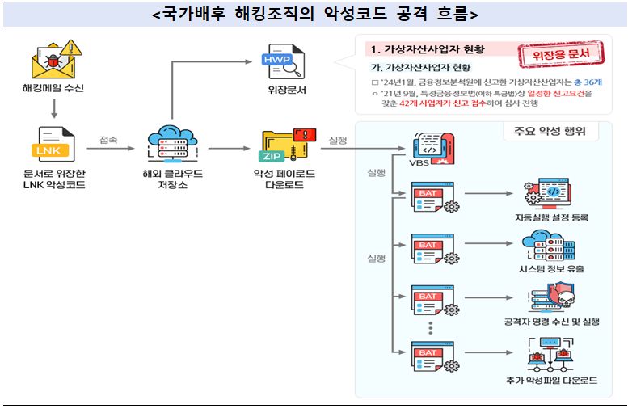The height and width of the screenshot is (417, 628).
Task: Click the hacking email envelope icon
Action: coord(53,59)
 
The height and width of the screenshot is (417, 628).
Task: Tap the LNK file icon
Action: coord(53,145)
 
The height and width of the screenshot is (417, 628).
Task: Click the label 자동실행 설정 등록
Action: coord(551,217)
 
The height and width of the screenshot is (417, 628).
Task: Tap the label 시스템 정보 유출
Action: coord(551,269)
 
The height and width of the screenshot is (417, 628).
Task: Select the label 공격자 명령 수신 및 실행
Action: coord(551,322)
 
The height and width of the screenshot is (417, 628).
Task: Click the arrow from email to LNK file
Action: coord(53,107)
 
